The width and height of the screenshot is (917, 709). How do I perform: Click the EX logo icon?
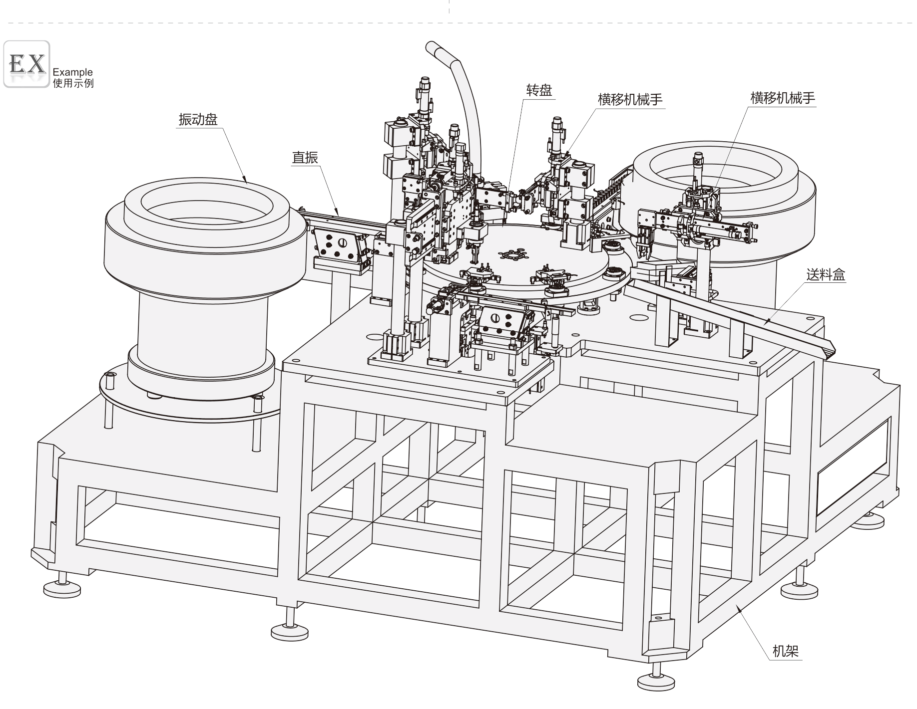pos(27,64)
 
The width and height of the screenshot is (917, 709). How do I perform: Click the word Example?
pos(72,72)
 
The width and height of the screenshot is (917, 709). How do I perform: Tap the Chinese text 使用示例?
pos(73,83)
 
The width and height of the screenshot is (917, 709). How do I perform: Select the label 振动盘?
pos(198,120)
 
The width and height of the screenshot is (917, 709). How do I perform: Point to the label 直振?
pos(305,158)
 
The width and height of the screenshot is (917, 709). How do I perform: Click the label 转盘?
pos(539,90)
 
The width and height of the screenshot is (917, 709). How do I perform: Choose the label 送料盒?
pos(826,274)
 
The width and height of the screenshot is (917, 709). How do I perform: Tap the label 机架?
pos(786,651)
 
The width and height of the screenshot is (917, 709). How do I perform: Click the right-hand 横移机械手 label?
pos(783,98)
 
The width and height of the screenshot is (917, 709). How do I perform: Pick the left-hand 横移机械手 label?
pos(630,100)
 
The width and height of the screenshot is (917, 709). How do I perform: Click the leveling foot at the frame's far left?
pos(62,589)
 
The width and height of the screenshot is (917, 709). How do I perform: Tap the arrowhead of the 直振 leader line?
pos(339,213)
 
